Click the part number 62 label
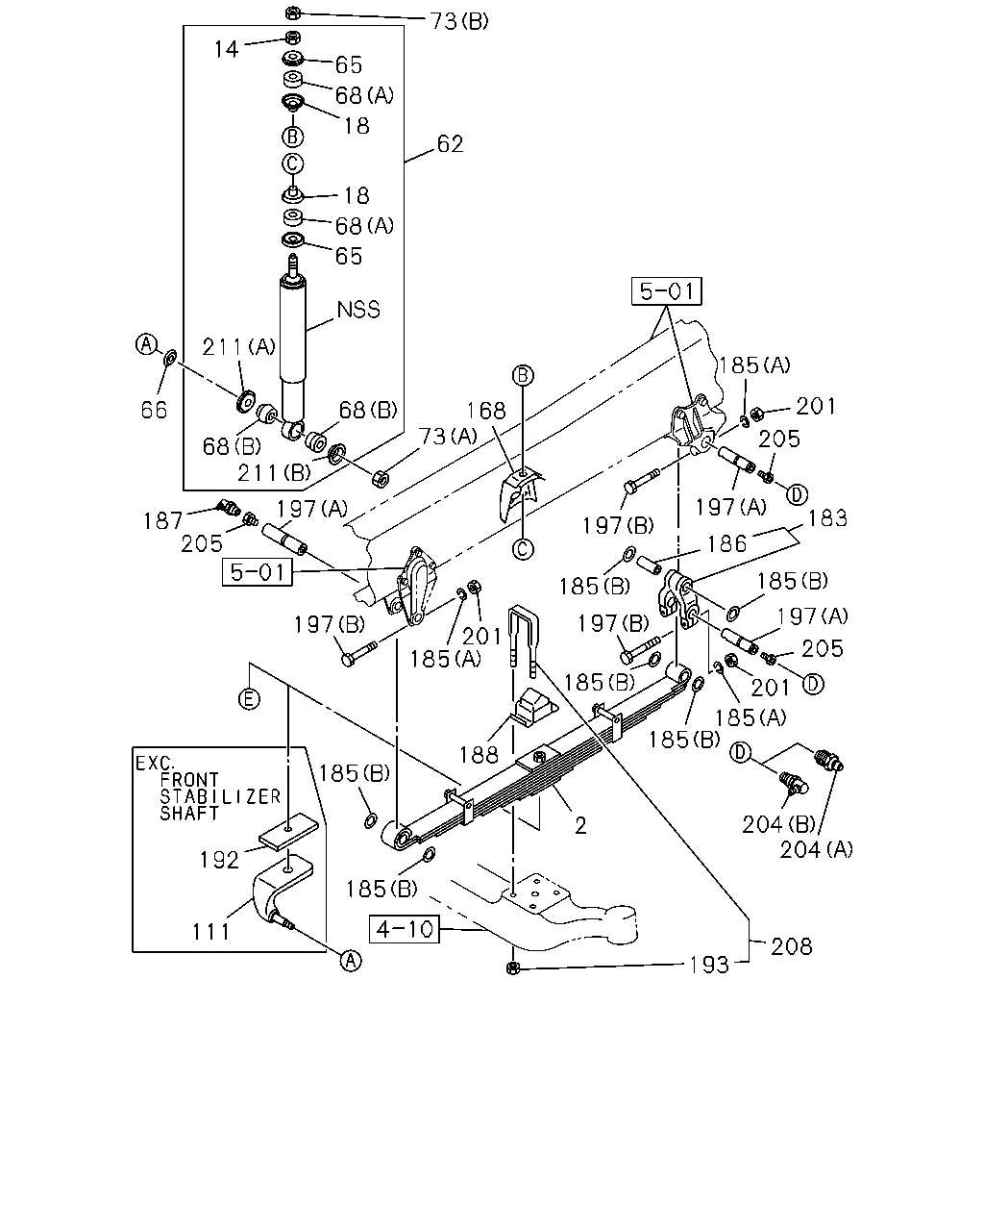(x=450, y=143)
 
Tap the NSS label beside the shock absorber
(x=358, y=310)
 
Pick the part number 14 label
(x=226, y=49)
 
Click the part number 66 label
(x=154, y=410)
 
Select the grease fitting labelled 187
(x=229, y=506)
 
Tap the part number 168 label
(x=486, y=410)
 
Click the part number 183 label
(x=826, y=517)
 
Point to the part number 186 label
(x=726, y=543)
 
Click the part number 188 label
(x=479, y=755)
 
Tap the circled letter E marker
(x=249, y=698)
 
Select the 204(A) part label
(x=816, y=849)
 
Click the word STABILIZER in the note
(x=220, y=796)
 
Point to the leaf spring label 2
(x=580, y=825)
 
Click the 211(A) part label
(x=238, y=346)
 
